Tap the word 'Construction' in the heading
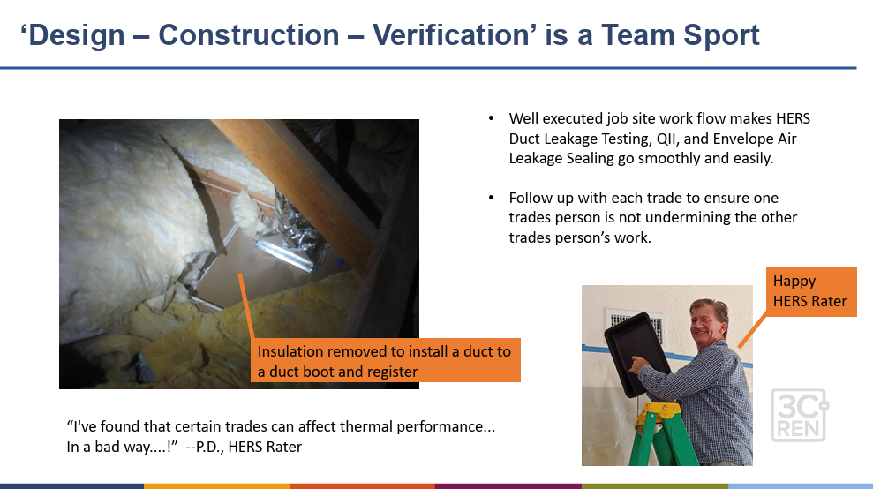[x=249, y=35]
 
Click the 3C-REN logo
[x=800, y=415]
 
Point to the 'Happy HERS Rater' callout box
[x=811, y=292]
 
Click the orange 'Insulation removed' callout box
[x=385, y=360]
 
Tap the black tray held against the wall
[x=637, y=354]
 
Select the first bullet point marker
[x=491, y=118]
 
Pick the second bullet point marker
[x=491, y=198]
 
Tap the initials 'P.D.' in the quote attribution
[x=209, y=447]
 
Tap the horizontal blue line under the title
[x=428, y=68]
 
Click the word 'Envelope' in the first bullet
[x=744, y=139]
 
